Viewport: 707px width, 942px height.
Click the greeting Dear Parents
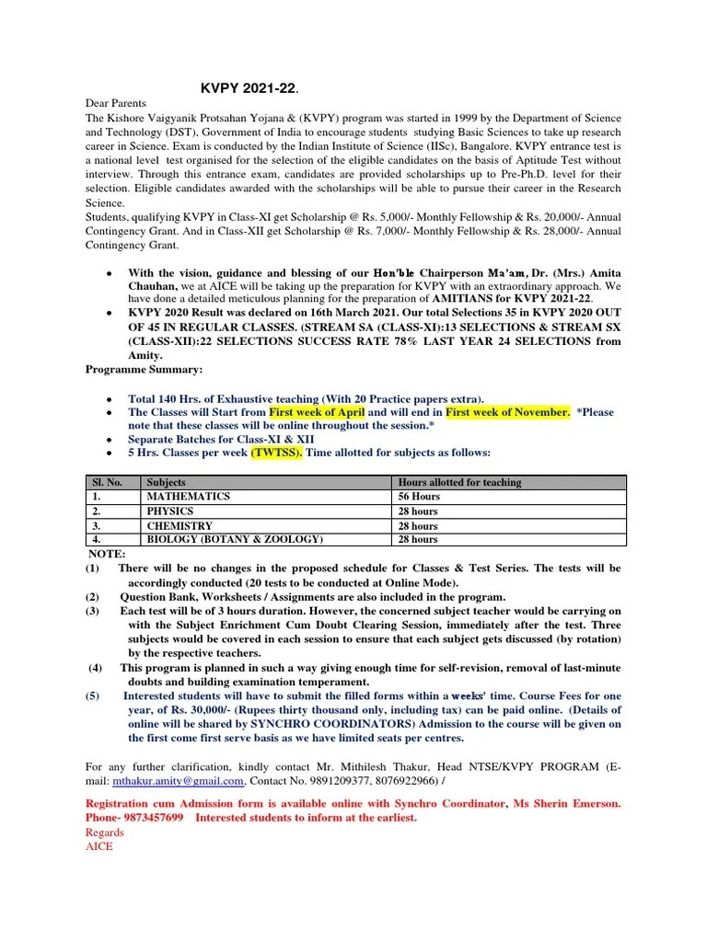pyautogui.click(x=116, y=104)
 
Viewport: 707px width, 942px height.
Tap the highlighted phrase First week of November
pyautogui.click(x=506, y=412)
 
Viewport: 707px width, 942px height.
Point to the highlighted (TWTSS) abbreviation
pyautogui.click(x=276, y=453)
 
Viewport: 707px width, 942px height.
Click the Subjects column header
pyautogui.click(x=166, y=482)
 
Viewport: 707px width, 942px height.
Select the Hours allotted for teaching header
pyautogui.click(x=459, y=482)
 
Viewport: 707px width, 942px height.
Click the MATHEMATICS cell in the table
pyautogui.click(x=188, y=497)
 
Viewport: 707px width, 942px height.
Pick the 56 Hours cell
pyautogui.click(x=418, y=497)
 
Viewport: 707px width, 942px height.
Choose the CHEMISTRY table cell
pyautogui.click(x=179, y=525)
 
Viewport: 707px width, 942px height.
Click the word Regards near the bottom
pyautogui.click(x=104, y=833)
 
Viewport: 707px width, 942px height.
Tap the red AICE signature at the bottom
pyautogui.click(x=99, y=846)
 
